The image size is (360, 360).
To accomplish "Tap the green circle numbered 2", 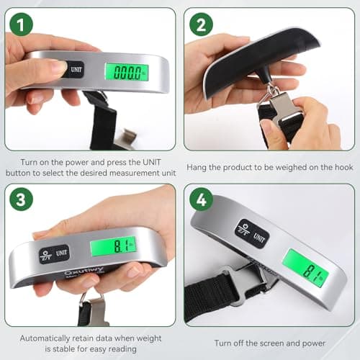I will [201, 25].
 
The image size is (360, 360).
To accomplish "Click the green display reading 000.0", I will [127, 71].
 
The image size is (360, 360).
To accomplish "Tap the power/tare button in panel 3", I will [47, 255].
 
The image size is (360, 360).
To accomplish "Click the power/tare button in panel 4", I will [243, 227].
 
